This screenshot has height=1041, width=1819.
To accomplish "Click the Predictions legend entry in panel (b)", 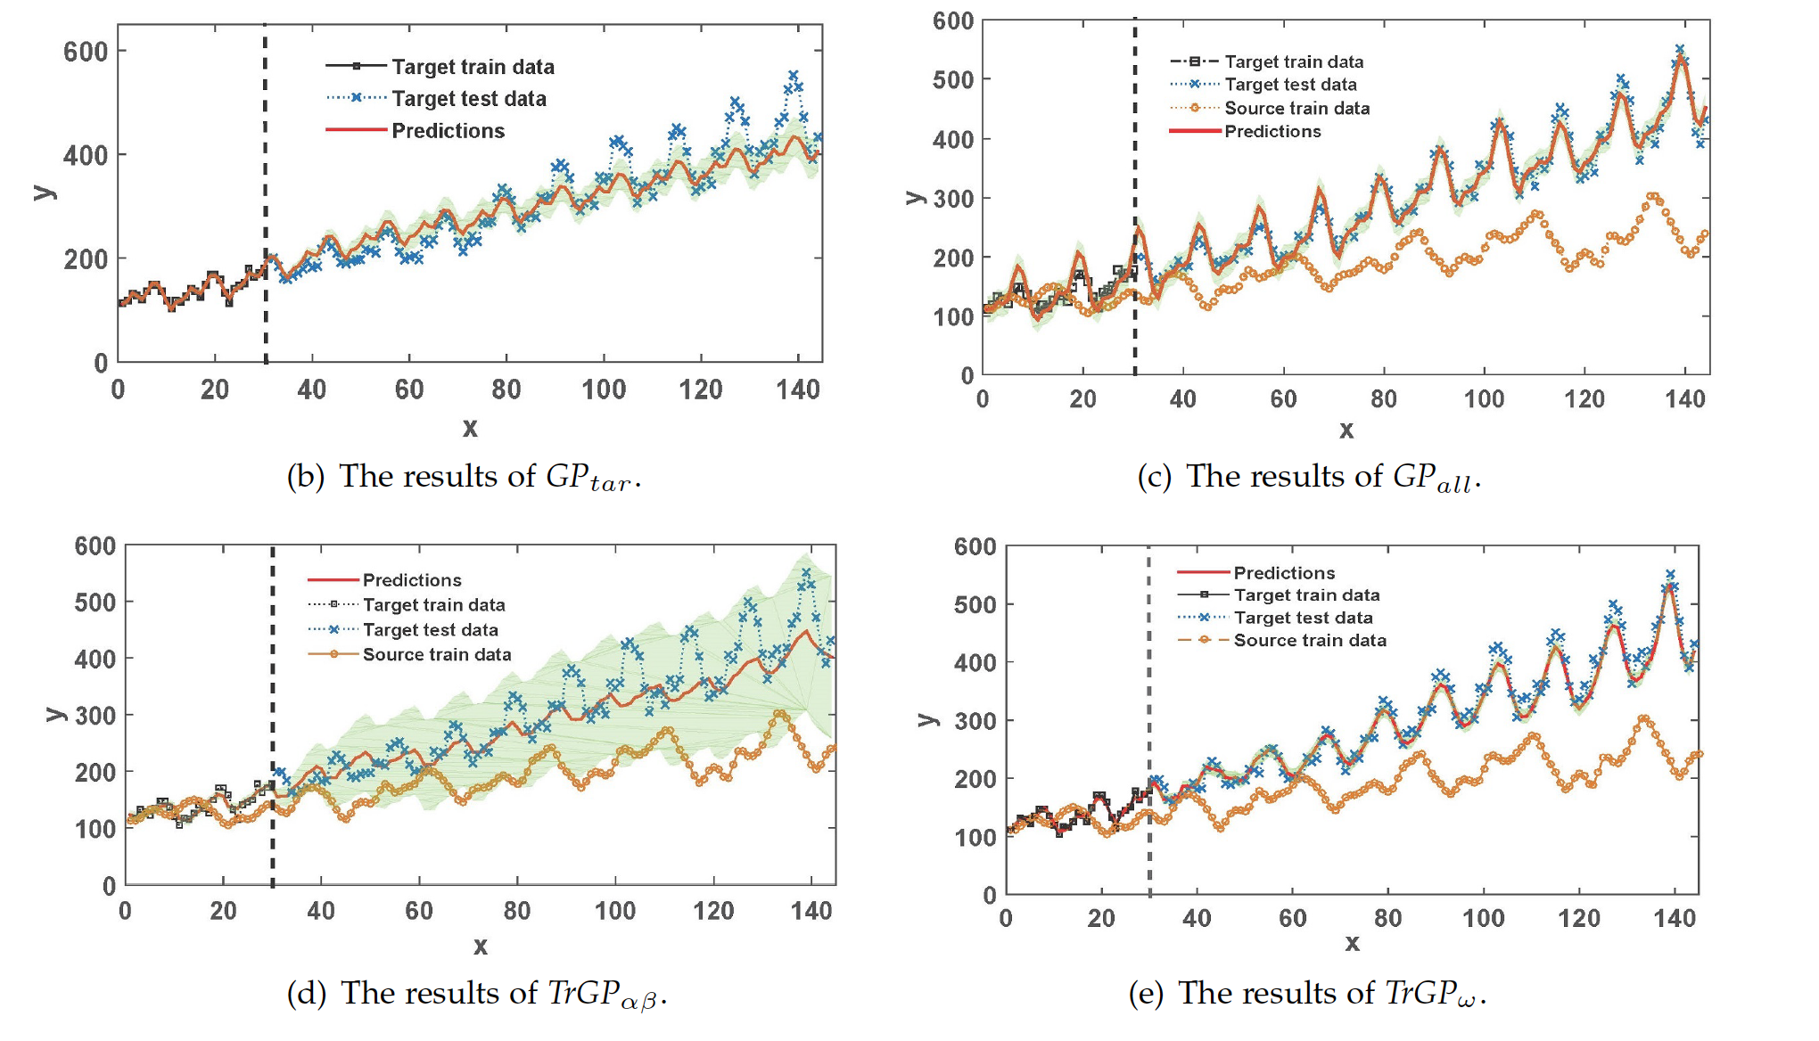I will pos(448,131).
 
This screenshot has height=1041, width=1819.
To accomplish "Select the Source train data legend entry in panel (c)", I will pos(1296,108).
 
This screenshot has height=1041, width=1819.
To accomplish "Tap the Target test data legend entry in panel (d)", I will pos(430,630).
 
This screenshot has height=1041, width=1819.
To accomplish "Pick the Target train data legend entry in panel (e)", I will pos(1306,595).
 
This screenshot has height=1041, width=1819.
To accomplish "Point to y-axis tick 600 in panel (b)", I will pos(86,52).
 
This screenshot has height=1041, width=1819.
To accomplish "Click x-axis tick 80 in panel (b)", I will pos(506,389).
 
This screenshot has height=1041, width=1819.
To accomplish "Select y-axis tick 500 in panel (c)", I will pos(953,79).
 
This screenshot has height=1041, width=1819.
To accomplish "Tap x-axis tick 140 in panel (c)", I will pos(1684,398).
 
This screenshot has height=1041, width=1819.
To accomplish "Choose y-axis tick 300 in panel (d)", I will pos(95,716).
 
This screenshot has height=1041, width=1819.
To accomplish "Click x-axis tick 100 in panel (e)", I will pos(1484,918).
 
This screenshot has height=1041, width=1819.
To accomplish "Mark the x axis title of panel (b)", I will pos(470,428).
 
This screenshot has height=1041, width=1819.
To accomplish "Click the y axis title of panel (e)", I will pos(928,719).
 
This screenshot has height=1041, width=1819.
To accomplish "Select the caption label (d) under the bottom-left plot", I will pos(306,993).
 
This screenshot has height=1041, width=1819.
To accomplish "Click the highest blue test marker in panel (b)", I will pos(794,76).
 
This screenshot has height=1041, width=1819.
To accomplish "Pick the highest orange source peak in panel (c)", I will pos(1653,196).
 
